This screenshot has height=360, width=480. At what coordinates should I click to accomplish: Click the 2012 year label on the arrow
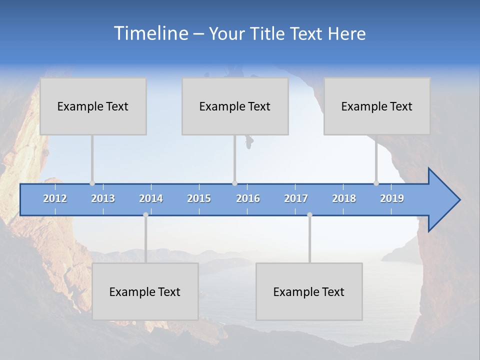tap(55, 198)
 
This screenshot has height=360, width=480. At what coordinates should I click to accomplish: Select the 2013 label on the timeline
tap(103, 198)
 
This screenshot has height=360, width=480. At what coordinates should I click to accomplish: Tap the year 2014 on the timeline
tap(151, 198)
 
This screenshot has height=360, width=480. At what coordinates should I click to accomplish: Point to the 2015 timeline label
tap(199, 198)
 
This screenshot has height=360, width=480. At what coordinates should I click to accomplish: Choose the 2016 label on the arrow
tap(248, 198)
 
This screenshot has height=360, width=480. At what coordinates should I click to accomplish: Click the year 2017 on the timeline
tap(296, 198)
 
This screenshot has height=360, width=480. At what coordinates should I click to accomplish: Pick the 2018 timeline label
tap(344, 198)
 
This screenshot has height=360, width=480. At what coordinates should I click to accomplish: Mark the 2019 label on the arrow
tap(392, 198)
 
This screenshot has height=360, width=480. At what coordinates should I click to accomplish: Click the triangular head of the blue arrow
tap(442, 200)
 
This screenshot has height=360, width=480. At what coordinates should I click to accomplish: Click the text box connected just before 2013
tap(93, 106)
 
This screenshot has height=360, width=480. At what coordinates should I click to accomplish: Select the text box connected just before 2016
tap(235, 106)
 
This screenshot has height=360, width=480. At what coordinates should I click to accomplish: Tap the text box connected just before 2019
tap(377, 106)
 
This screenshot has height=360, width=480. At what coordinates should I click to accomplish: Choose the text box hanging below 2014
tap(145, 291)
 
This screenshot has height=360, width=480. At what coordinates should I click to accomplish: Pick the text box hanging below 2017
tap(309, 291)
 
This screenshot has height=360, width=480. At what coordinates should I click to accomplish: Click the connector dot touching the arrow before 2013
tap(92, 183)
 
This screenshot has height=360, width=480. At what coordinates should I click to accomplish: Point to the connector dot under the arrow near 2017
tap(309, 215)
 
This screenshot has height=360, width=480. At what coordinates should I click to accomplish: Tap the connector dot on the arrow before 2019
tap(376, 183)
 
